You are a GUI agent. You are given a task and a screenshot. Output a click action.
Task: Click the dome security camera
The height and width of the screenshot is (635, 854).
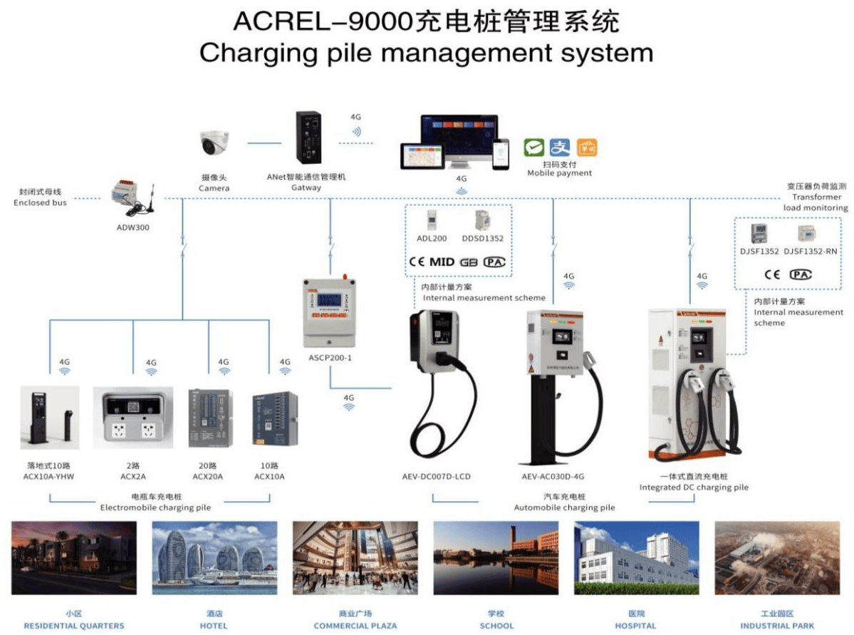pyautogui.click(x=214, y=143)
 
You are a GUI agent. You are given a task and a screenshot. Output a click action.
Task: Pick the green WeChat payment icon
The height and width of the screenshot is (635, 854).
pyautogui.click(x=534, y=148)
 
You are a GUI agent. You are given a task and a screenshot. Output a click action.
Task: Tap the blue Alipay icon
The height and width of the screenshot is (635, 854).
pyautogui.click(x=561, y=148)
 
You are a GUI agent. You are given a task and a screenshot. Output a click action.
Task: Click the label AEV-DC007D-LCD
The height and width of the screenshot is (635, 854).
pyautogui.click(x=437, y=476)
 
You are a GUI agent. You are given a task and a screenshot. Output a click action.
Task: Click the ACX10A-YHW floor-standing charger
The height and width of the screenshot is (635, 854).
pyautogui.click(x=48, y=420)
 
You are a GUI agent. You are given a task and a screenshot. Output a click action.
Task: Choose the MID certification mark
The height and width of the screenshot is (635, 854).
pyautogui.click(x=442, y=262)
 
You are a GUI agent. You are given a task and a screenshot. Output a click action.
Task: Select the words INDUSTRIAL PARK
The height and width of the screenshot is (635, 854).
pyautogui.click(x=777, y=626)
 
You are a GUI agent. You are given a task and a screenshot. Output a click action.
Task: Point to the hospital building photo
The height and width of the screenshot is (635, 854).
pyautogui.click(x=637, y=557)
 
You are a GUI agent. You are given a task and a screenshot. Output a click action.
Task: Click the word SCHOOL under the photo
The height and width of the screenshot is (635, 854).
pyautogui.click(x=496, y=626)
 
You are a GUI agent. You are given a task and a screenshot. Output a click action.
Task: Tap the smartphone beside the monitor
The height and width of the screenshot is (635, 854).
pyautogui.click(x=501, y=153)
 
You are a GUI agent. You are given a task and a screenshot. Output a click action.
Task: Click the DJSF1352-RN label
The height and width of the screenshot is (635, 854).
pyautogui.click(x=811, y=251)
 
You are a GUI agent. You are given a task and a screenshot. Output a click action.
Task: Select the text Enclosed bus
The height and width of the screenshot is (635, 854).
pyautogui.click(x=40, y=202)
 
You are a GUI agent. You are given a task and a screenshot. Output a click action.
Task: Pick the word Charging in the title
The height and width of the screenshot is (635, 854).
pyautogui.click(x=248, y=53)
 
